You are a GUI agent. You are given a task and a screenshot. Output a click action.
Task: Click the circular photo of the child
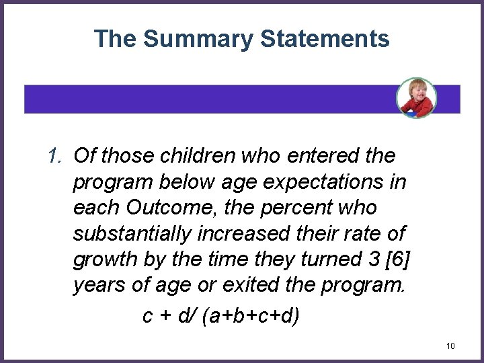416,97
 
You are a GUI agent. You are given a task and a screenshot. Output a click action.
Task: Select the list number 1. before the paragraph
57,157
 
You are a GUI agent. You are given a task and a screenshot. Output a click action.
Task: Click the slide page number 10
450,346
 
